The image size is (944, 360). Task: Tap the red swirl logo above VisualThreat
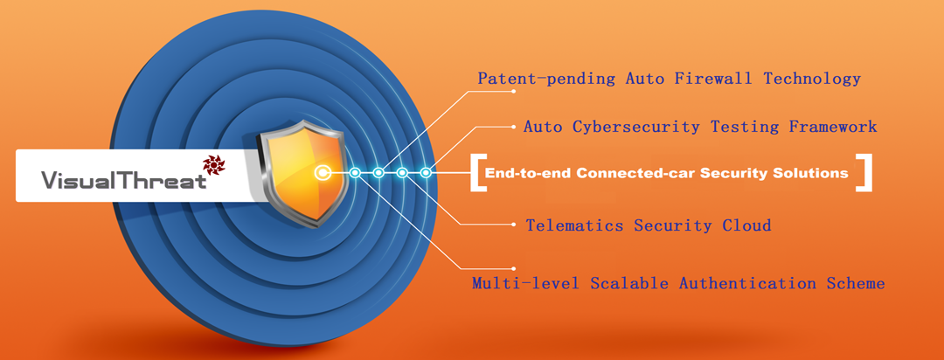tap(213, 164)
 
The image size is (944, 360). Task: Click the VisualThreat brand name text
tap(123, 180)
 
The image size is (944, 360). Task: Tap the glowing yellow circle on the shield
tap(323, 173)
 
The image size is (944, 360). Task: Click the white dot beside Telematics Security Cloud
tap(514, 225)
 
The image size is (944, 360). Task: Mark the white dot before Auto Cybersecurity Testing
tap(514, 127)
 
